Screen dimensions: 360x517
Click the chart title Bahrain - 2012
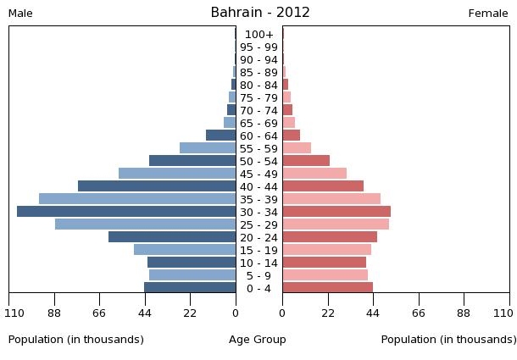(260, 13)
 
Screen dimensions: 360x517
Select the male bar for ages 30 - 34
(126, 212)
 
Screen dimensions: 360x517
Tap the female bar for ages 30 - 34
(336, 212)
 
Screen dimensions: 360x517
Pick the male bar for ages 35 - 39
(137, 199)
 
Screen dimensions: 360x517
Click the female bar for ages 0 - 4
(327, 288)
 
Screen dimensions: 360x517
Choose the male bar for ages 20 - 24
(172, 237)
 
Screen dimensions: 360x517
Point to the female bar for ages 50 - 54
(306, 161)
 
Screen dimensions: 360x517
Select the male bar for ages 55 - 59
(208, 148)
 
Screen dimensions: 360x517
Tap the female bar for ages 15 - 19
(326, 250)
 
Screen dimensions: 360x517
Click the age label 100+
(258, 34)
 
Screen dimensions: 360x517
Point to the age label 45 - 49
(258, 174)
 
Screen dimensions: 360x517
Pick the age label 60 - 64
(258, 136)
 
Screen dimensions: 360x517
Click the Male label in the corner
(20, 14)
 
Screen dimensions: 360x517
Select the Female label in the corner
(488, 14)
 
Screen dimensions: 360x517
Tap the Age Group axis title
(258, 340)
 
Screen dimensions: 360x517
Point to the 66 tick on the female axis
(419, 313)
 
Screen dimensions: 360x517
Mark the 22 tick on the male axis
(190, 313)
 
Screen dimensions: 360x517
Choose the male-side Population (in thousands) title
(76, 340)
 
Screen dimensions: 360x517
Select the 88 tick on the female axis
(464, 313)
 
